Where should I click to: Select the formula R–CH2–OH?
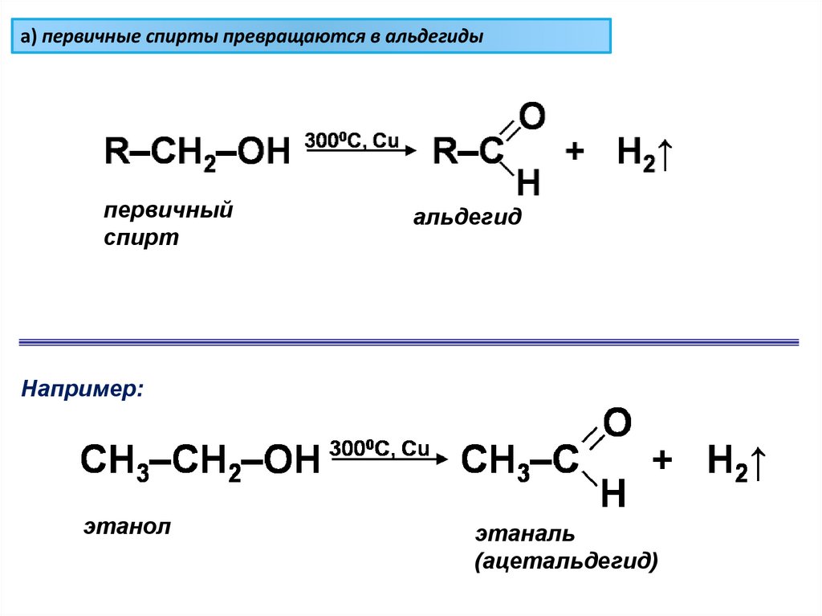coord(196,151)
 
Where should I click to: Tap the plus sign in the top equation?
coord(575,152)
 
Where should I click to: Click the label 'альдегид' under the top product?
coord(467,217)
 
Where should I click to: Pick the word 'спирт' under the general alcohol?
coord(141,239)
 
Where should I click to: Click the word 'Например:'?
coord(83,389)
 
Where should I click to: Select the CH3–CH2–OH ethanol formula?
coord(199,461)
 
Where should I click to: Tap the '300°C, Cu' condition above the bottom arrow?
coord(380,447)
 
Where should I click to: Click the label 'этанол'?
coord(128,528)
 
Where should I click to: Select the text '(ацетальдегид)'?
coord(566,560)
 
